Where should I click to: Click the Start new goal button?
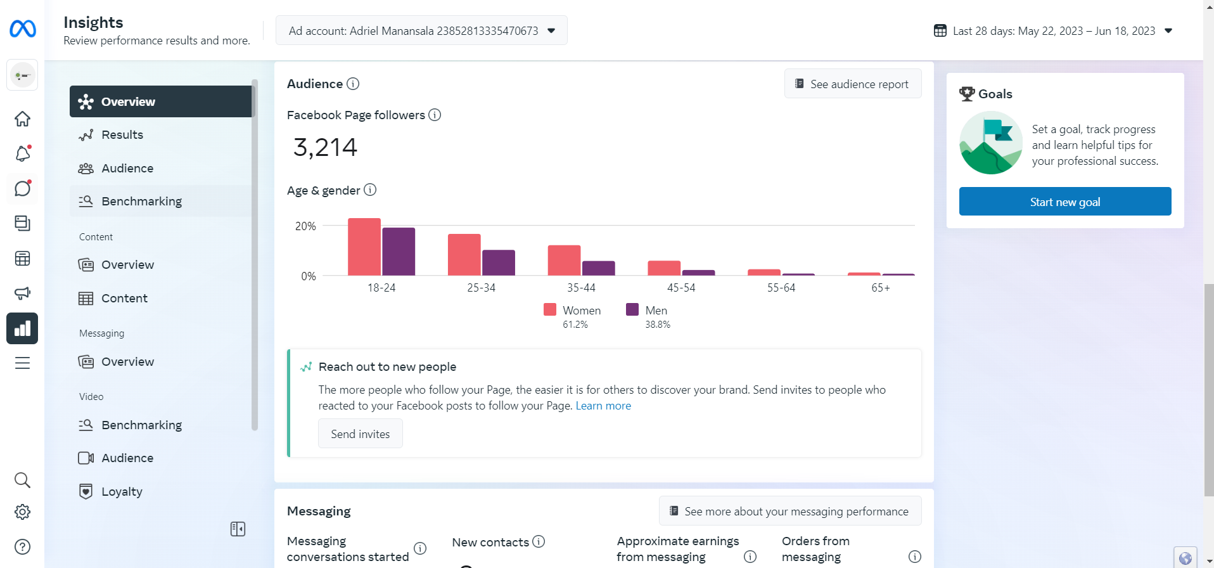(x=1064, y=202)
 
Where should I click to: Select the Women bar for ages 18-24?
(x=364, y=247)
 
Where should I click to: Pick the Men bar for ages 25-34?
(x=499, y=262)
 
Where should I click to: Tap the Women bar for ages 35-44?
(x=564, y=260)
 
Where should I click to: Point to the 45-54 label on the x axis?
(x=681, y=288)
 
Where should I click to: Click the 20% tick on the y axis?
(x=305, y=226)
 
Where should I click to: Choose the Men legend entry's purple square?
(x=632, y=309)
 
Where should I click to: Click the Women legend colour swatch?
(x=550, y=309)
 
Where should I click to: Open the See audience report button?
(x=852, y=84)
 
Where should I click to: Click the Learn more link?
(x=603, y=406)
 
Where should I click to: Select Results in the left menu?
(x=122, y=134)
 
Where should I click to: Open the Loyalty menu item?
(x=122, y=491)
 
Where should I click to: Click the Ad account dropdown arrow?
(x=551, y=30)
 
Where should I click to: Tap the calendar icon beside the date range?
(x=940, y=30)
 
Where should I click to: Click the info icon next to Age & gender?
(x=370, y=190)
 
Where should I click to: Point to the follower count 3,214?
(x=325, y=148)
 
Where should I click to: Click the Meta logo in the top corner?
(x=23, y=29)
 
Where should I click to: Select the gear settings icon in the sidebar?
(x=22, y=512)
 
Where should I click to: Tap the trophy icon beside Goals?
(x=967, y=94)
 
